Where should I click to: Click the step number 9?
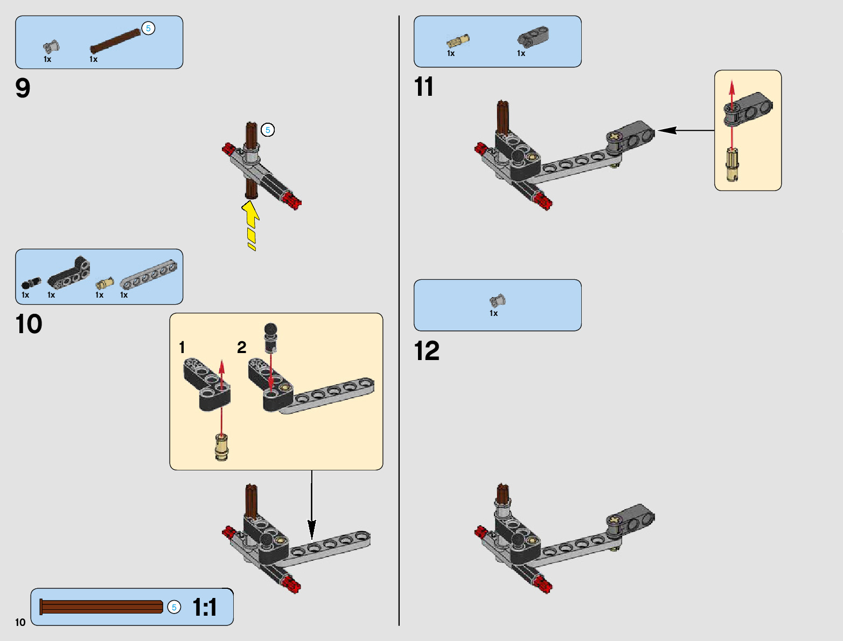pyautogui.click(x=23, y=88)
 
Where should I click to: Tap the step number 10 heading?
pyautogui.click(x=29, y=325)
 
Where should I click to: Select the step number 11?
pyautogui.click(x=423, y=87)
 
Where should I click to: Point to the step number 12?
pyautogui.click(x=427, y=351)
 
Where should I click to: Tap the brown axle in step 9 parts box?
pyautogui.click(x=115, y=41)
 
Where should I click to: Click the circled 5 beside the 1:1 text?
pyautogui.click(x=174, y=607)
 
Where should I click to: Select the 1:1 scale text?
pyautogui.click(x=205, y=608)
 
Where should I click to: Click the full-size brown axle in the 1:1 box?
pyautogui.click(x=101, y=607)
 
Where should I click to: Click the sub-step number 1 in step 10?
pyautogui.click(x=182, y=348)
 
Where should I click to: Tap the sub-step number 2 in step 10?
pyautogui.click(x=242, y=348)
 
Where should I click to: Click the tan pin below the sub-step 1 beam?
pyautogui.click(x=221, y=447)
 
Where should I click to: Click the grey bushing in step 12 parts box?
pyautogui.click(x=498, y=300)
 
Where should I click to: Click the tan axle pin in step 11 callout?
pyautogui.click(x=731, y=165)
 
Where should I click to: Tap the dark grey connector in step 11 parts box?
pyautogui.click(x=533, y=37)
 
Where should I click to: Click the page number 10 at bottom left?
pyautogui.click(x=20, y=623)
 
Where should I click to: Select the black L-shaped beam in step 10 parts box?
pyautogui.click(x=69, y=273)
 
